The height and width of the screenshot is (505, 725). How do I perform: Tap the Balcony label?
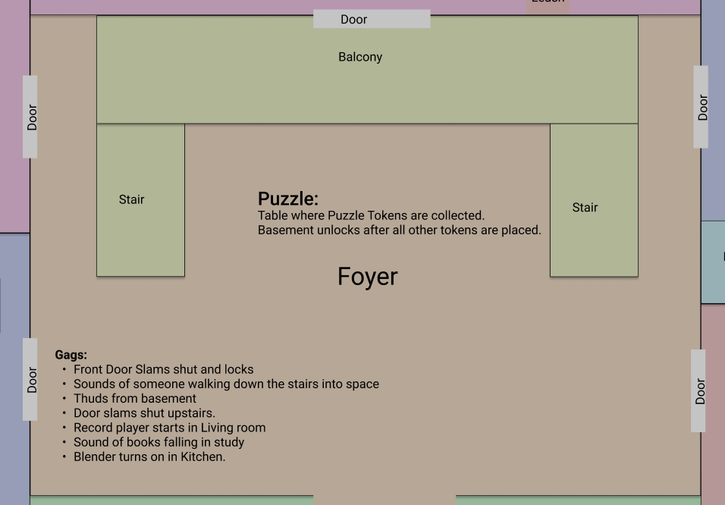coord(360,57)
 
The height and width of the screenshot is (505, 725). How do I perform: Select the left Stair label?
coord(131,199)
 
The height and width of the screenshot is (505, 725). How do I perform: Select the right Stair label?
coord(585,207)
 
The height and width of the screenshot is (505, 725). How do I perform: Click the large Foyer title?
coord(367,277)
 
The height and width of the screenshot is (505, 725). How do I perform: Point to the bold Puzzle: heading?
coord(287,199)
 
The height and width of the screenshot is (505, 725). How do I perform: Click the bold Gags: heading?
coord(71,354)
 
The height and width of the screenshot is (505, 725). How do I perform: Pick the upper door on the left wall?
coord(30,117)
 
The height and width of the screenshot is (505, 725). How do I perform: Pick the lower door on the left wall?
coord(30,379)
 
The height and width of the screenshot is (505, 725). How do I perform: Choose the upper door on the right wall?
coord(701,107)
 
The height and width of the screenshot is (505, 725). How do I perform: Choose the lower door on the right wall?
coord(699,391)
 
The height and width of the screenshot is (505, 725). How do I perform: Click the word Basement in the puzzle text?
coord(284,230)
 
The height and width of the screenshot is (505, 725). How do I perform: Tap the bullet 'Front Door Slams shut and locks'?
coord(163,369)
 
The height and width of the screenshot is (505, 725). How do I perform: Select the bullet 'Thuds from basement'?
coord(134,398)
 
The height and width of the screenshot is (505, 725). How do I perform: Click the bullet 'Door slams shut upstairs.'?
coord(144,413)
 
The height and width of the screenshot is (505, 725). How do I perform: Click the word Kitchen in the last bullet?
coord(202,456)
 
